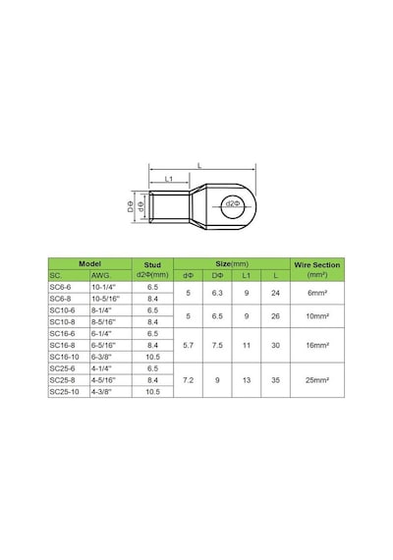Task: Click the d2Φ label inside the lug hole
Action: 233,203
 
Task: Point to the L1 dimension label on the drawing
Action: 169,179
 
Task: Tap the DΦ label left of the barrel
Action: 131,206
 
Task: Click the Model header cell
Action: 90,264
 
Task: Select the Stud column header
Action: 152,265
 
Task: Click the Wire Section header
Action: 317,265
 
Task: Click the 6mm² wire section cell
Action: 317,293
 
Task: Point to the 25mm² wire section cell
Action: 317,380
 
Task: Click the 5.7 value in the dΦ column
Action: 189,346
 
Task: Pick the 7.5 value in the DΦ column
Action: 217,346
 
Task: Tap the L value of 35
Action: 275,380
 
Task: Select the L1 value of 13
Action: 247,380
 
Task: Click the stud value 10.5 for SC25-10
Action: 153,392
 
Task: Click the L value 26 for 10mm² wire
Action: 275,316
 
